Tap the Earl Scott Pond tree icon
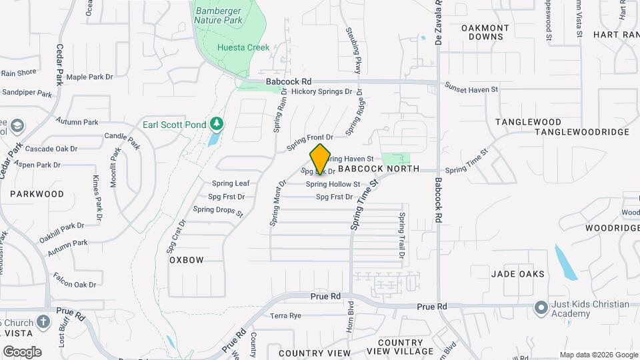[x=215, y=124]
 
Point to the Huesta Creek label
[x=243, y=47]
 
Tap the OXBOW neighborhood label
[x=186, y=259]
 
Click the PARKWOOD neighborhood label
[x=37, y=194]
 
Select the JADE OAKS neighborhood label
[x=518, y=274]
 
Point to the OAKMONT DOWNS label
[x=485, y=32]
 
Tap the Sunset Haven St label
[x=471, y=89]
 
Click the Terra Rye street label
[x=285, y=315]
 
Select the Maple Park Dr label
[x=89, y=77]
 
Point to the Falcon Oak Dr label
[x=75, y=285]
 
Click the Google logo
[x=22, y=352]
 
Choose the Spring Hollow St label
[x=333, y=184]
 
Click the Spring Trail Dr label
[x=402, y=235]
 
